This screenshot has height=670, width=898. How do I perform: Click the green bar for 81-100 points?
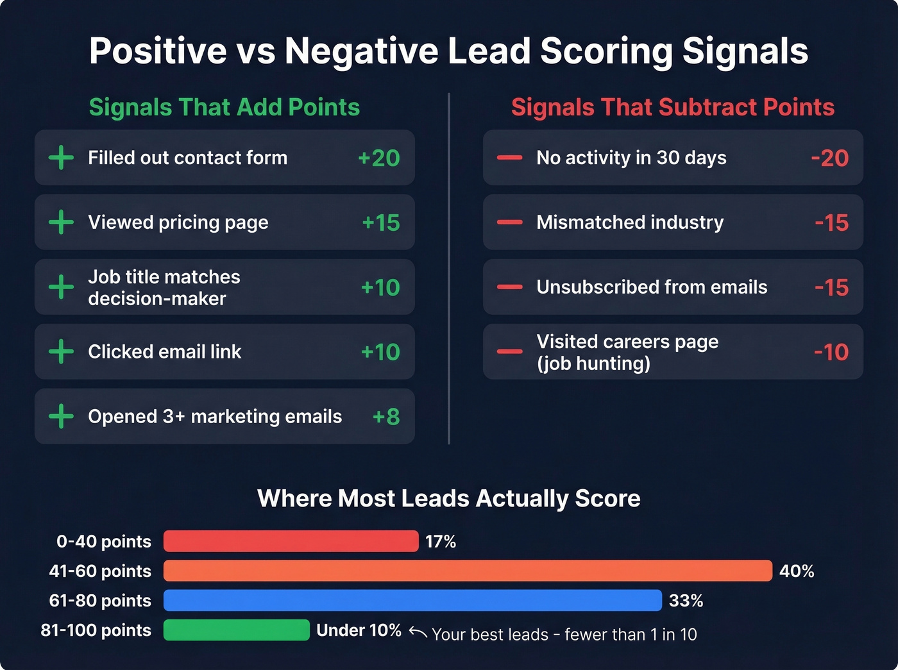coord(236,630)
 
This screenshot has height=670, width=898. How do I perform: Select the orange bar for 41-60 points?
coord(468,571)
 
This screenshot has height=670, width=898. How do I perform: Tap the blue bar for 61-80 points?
coord(412,600)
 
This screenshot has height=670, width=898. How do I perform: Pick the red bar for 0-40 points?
coord(291,541)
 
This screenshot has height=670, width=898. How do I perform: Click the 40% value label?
coord(797,571)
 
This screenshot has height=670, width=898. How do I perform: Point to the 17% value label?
coord(441,542)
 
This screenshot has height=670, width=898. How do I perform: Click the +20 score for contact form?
coord(378,158)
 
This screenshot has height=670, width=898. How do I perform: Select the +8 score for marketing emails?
coord(386,417)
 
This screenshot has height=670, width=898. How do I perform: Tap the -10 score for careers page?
coord(831,352)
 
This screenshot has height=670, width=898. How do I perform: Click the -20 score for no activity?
coord(829,158)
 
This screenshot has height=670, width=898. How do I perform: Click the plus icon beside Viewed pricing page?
coord(61,222)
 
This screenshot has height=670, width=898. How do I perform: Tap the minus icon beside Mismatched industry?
coord(510,222)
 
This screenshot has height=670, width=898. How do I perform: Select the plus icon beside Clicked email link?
coord(61,352)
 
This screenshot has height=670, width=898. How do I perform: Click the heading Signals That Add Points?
coord(224,107)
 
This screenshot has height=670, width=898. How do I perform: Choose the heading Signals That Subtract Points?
coord(672,107)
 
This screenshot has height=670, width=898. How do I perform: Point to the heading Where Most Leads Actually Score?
coord(448,498)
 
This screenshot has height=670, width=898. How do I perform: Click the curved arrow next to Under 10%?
coord(418,633)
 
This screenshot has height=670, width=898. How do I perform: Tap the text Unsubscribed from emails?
coord(652,287)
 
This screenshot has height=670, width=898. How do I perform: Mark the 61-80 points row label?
coord(100,601)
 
